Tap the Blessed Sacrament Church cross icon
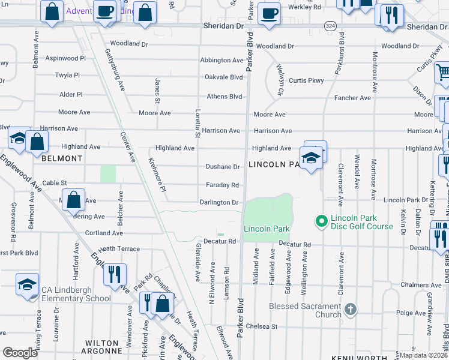coord(351,310)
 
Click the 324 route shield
coord(330,26)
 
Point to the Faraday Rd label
coord(222,185)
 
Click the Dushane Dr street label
coord(223,167)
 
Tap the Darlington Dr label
coord(219,203)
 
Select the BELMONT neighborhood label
coord(62,158)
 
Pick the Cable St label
coord(54,183)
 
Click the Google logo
coord(20,353)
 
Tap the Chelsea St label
coord(265,327)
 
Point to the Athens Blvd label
coord(224,97)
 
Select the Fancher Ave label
coord(353,98)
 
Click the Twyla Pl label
coord(67,76)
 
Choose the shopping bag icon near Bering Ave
coord(74,200)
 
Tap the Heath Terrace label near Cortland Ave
coord(119,248)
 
